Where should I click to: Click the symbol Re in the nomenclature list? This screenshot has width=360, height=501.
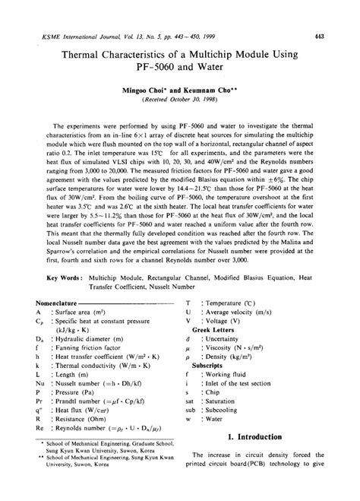point(39,449)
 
